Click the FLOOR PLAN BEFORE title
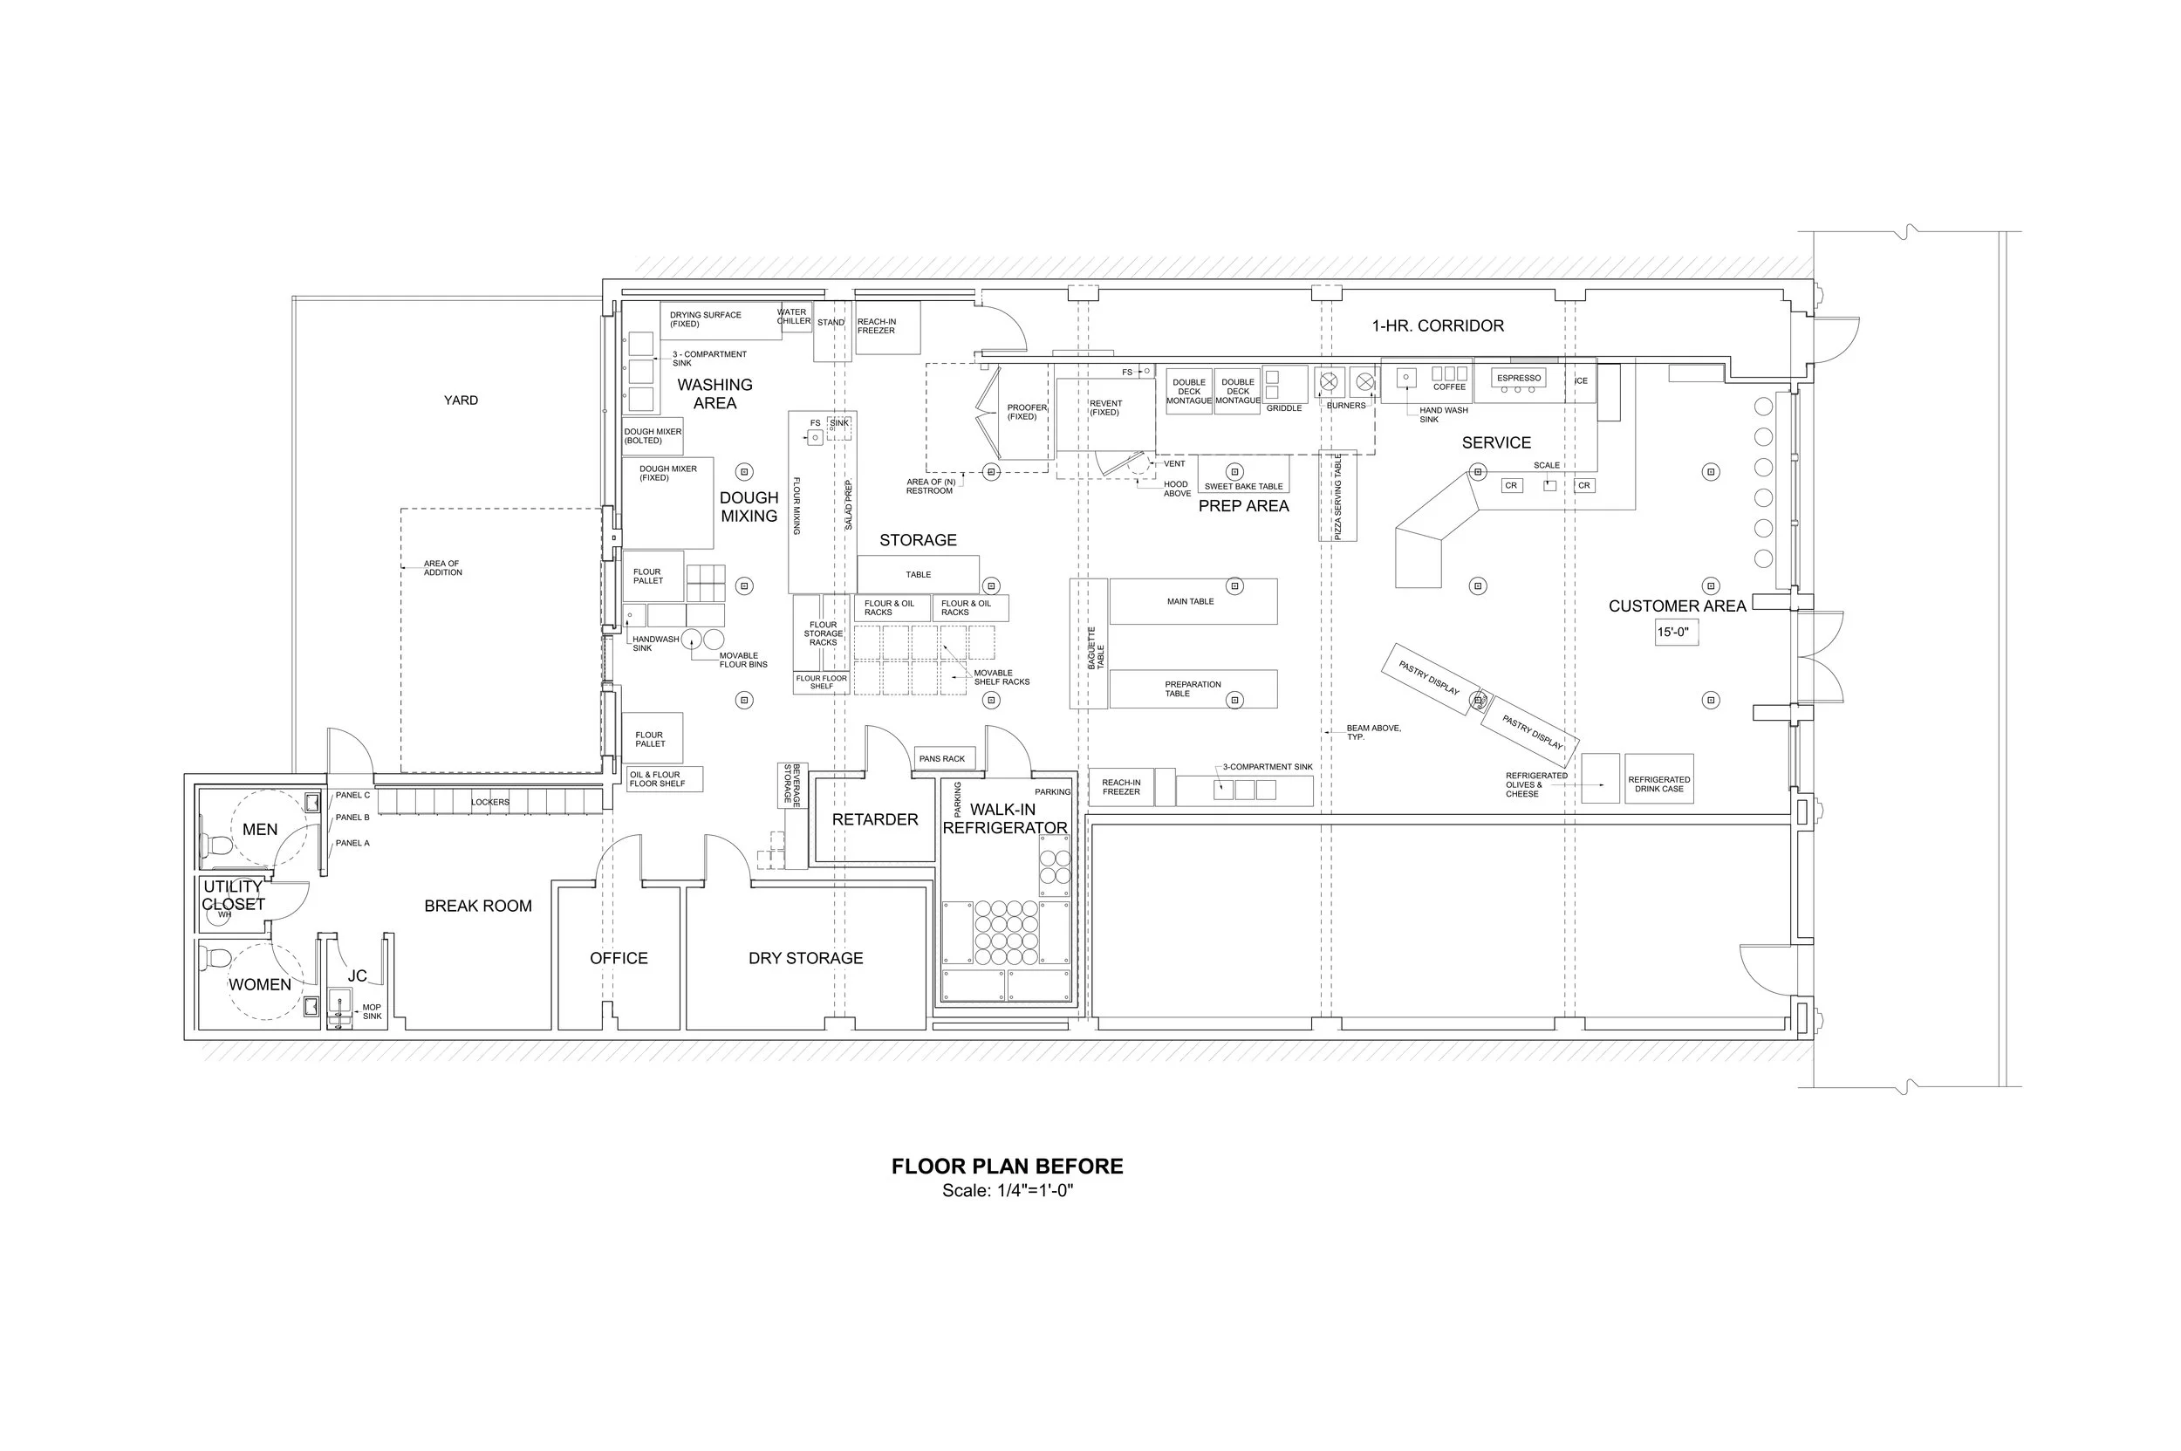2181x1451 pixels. (x=1007, y=1166)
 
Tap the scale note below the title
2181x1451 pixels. (x=1007, y=1191)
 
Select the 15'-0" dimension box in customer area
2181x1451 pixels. (x=1677, y=633)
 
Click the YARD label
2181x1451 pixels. (x=461, y=400)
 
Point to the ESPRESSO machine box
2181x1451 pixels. (x=1519, y=379)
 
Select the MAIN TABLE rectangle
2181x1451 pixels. (x=1192, y=601)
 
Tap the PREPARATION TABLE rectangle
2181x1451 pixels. (x=1192, y=689)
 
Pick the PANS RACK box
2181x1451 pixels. (x=942, y=759)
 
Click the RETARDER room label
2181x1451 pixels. (x=874, y=820)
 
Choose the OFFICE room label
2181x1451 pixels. (x=619, y=959)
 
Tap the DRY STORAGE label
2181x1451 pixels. (x=805, y=959)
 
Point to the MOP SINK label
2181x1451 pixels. (x=371, y=1011)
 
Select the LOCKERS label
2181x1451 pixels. (x=489, y=803)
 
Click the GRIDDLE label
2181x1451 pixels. (x=1283, y=408)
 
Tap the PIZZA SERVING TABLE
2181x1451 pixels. (x=1337, y=496)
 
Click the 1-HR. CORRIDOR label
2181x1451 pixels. (x=1437, y=325)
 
